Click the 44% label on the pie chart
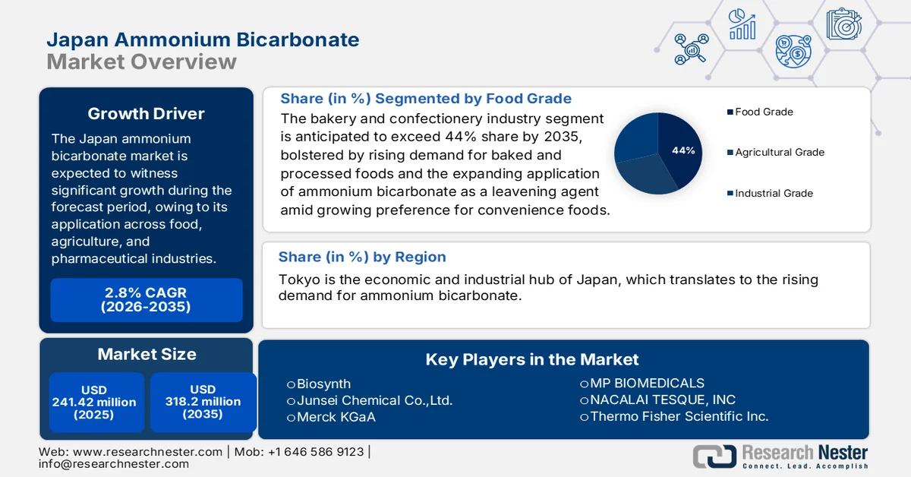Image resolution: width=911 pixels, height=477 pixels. (683, 150)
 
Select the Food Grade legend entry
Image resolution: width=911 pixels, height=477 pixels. (763, 112)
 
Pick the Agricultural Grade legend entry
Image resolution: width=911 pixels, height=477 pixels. (779, 152)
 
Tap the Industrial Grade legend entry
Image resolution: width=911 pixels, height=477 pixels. (774, 193)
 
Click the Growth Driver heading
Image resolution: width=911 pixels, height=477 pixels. (146, 114)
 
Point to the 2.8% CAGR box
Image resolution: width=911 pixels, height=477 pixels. (147, 299)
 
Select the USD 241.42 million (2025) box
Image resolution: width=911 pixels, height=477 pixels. (94, 402)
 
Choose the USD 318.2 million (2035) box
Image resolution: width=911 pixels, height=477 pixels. (203, 402)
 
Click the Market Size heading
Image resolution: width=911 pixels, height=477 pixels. (147, 354)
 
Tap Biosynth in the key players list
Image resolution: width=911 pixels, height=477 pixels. (323, 384)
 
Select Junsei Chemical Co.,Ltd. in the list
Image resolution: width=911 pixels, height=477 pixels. (374, 400)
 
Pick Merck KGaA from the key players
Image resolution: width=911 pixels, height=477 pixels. (336, 417)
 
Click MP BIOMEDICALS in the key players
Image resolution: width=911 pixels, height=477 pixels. (647, 383)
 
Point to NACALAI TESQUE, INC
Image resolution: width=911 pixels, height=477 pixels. (662, 400)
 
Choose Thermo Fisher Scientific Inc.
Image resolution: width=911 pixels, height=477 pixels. (679, 416)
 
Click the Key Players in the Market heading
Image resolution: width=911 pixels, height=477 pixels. (532, 359)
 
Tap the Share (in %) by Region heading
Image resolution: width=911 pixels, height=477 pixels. (362, 257)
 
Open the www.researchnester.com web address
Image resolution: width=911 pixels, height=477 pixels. (147, 451)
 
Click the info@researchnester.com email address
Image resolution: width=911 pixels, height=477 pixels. (114, 463)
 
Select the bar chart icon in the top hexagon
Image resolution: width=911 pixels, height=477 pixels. (742, 24)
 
